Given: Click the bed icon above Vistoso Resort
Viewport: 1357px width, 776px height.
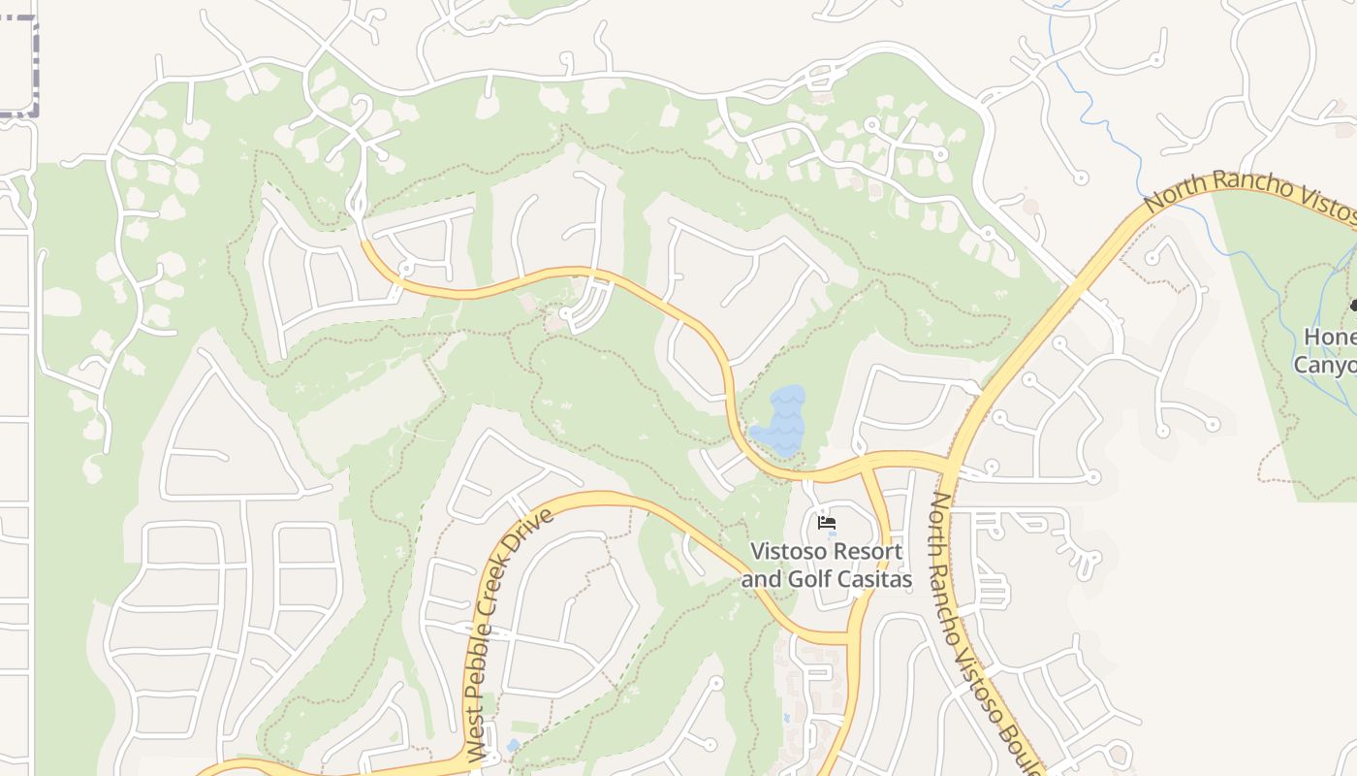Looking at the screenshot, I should point(826,523).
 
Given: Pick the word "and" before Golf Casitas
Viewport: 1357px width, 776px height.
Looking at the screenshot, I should point(761,579).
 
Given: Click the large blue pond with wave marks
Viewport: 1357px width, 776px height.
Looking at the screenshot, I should point(780,421).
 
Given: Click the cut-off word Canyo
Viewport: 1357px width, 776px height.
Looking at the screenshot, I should point(1325,365).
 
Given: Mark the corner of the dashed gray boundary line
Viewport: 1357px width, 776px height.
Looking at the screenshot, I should point(35,114).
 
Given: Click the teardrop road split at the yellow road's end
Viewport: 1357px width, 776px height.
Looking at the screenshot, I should point(358,203).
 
